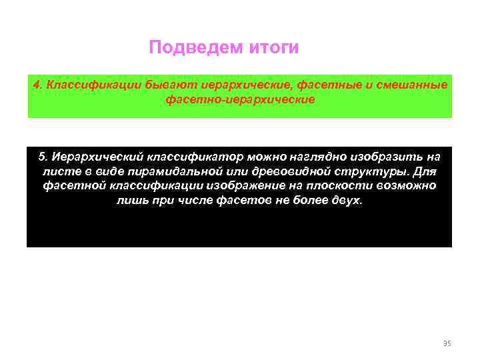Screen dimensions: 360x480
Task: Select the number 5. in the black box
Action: [x=43, y=157]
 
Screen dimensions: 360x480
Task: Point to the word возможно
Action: [x=409, y=185]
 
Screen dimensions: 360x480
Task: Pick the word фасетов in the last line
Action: [x=241, y=200]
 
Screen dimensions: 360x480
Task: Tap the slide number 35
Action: [x=447, y=343]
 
